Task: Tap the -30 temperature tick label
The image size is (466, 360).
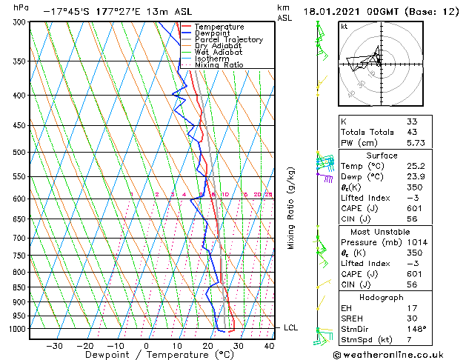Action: pyautogui.click(x=54, y=345)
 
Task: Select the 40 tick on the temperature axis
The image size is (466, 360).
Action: pyautogui.click(x=269, y=345)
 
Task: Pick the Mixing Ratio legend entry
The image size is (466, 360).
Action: pyautogui.click(x=219, y=65)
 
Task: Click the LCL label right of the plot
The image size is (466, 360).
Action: pyautogui.click(x=291, y=327)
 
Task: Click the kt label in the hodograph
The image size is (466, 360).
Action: pyautogui.click(x=344, y=27)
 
